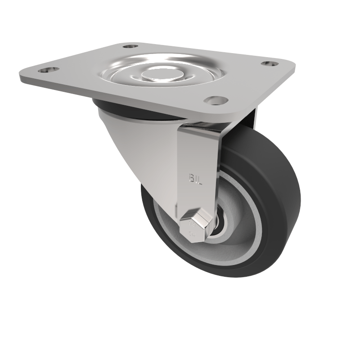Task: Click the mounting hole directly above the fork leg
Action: click(215, 100)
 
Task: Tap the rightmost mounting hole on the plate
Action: click(269, 64)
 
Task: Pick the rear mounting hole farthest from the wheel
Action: click(130, 46)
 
